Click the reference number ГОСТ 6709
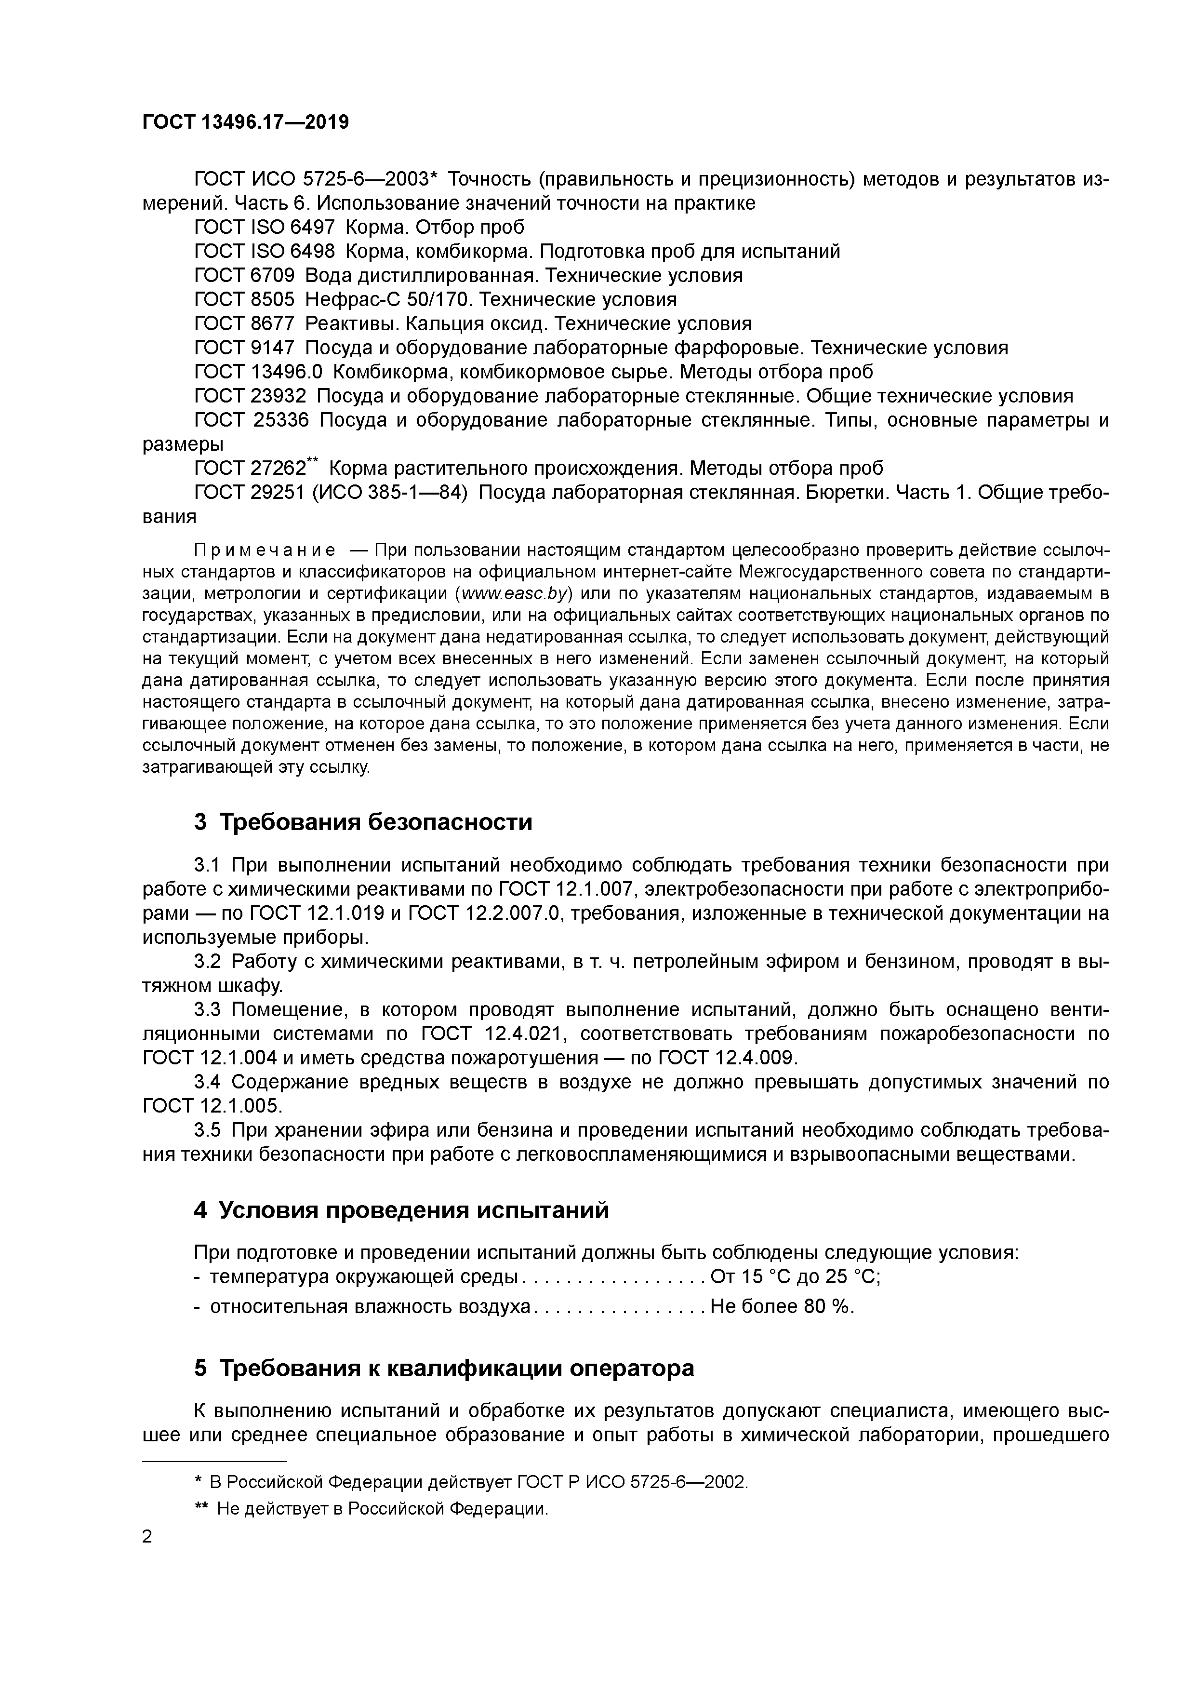[244, 275]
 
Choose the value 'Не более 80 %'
[782, 1306]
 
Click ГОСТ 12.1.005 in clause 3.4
[212, 1105]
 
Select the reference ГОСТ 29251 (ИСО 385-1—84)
[331, 493]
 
